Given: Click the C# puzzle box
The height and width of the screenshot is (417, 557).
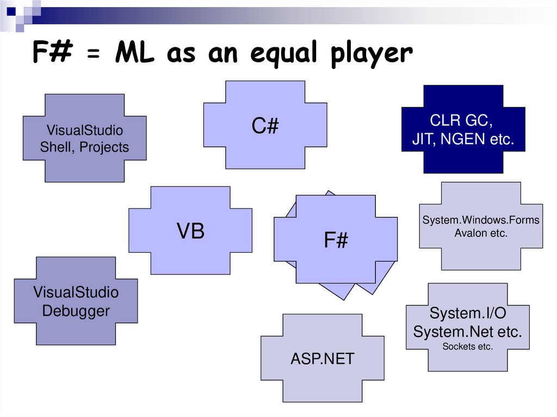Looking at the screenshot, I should point(265,126).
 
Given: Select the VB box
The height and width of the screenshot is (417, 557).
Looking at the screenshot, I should point(190,231).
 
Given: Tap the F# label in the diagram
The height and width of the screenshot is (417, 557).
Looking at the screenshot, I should point(336,240).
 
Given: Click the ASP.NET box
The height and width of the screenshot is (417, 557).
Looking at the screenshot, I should point(322,358).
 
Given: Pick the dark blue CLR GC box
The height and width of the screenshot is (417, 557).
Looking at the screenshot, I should point(463,129).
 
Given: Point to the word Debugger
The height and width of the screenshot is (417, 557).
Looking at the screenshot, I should point(76,311).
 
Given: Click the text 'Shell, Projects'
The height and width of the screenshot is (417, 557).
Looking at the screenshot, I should point(84,147).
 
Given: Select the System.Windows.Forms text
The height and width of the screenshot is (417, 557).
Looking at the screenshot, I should point(481,220).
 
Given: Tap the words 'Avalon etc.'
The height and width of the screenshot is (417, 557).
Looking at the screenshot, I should point(481,233).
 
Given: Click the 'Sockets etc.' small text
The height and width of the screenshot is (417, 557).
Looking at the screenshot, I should point(467,346).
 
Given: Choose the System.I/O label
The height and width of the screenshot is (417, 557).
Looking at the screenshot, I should point(467,314).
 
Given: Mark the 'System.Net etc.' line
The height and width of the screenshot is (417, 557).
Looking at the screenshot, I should point(467,331).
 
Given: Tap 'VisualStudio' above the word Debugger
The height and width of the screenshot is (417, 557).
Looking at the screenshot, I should point(76,292).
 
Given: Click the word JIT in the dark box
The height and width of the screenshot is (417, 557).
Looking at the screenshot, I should point(423,139).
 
